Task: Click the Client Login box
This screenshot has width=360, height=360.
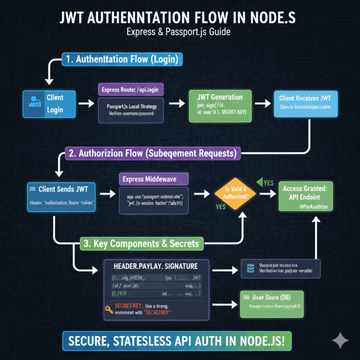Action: [50, 104]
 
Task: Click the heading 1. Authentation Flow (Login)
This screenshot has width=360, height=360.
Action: [122, 60]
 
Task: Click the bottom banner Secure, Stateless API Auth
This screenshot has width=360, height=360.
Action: [180, 341]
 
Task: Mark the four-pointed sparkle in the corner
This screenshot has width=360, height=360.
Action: [340, 341]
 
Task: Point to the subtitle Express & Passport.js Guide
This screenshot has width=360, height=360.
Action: [180, 33]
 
